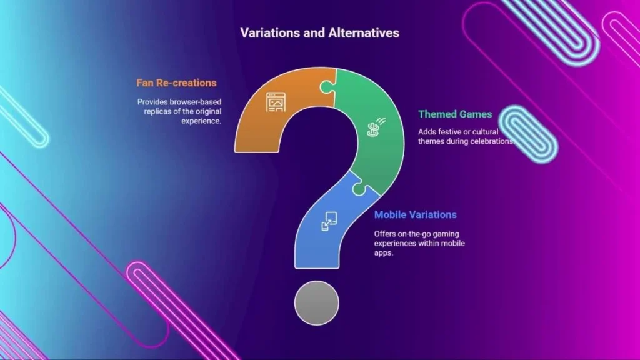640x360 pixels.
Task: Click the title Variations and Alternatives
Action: (319, 33)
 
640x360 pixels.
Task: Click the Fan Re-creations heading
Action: (176, 83)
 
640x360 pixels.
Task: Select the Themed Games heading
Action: (455, 114)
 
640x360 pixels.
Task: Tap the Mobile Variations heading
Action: (416, 215)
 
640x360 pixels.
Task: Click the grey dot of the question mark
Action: (317, 303)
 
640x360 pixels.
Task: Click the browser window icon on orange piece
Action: (276, 102)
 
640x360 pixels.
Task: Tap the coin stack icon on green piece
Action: (376, 127)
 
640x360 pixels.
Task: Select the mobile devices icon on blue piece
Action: (329, 221)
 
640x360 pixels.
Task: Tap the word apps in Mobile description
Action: (383, 254)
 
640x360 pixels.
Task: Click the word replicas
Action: (157, 111)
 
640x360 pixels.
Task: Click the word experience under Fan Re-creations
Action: (202, 121)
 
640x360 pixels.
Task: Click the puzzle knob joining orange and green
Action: (327, 86)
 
